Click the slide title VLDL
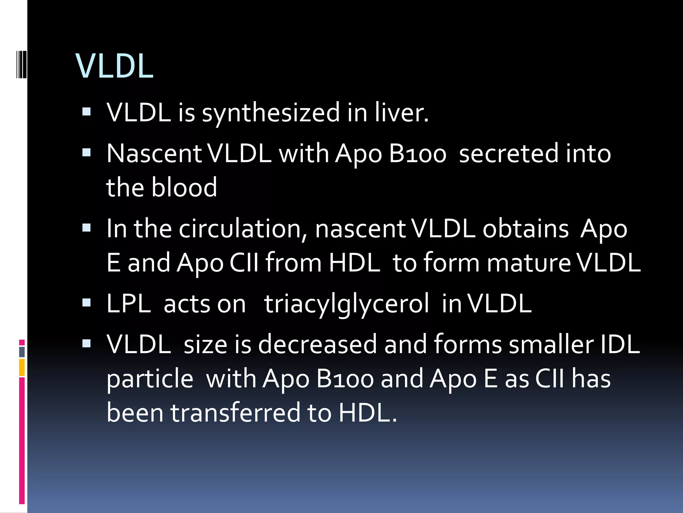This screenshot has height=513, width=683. coord(114,66)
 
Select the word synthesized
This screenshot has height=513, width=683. coord(271,113)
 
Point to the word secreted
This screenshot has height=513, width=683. coord(508,154)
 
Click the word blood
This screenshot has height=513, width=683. coord(184,187)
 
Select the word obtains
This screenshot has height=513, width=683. coord(526,229)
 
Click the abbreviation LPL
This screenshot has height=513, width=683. coord(129,304)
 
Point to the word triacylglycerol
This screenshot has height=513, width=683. coord(347,304)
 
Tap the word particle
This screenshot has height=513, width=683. coord(150,379)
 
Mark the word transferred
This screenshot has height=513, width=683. coord(235,413)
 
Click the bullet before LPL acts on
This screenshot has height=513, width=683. coord(86,303)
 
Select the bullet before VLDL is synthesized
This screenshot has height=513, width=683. coord(86,112)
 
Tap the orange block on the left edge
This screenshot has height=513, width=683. coord(22,367)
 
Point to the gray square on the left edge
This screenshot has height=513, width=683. coord(22,352)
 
